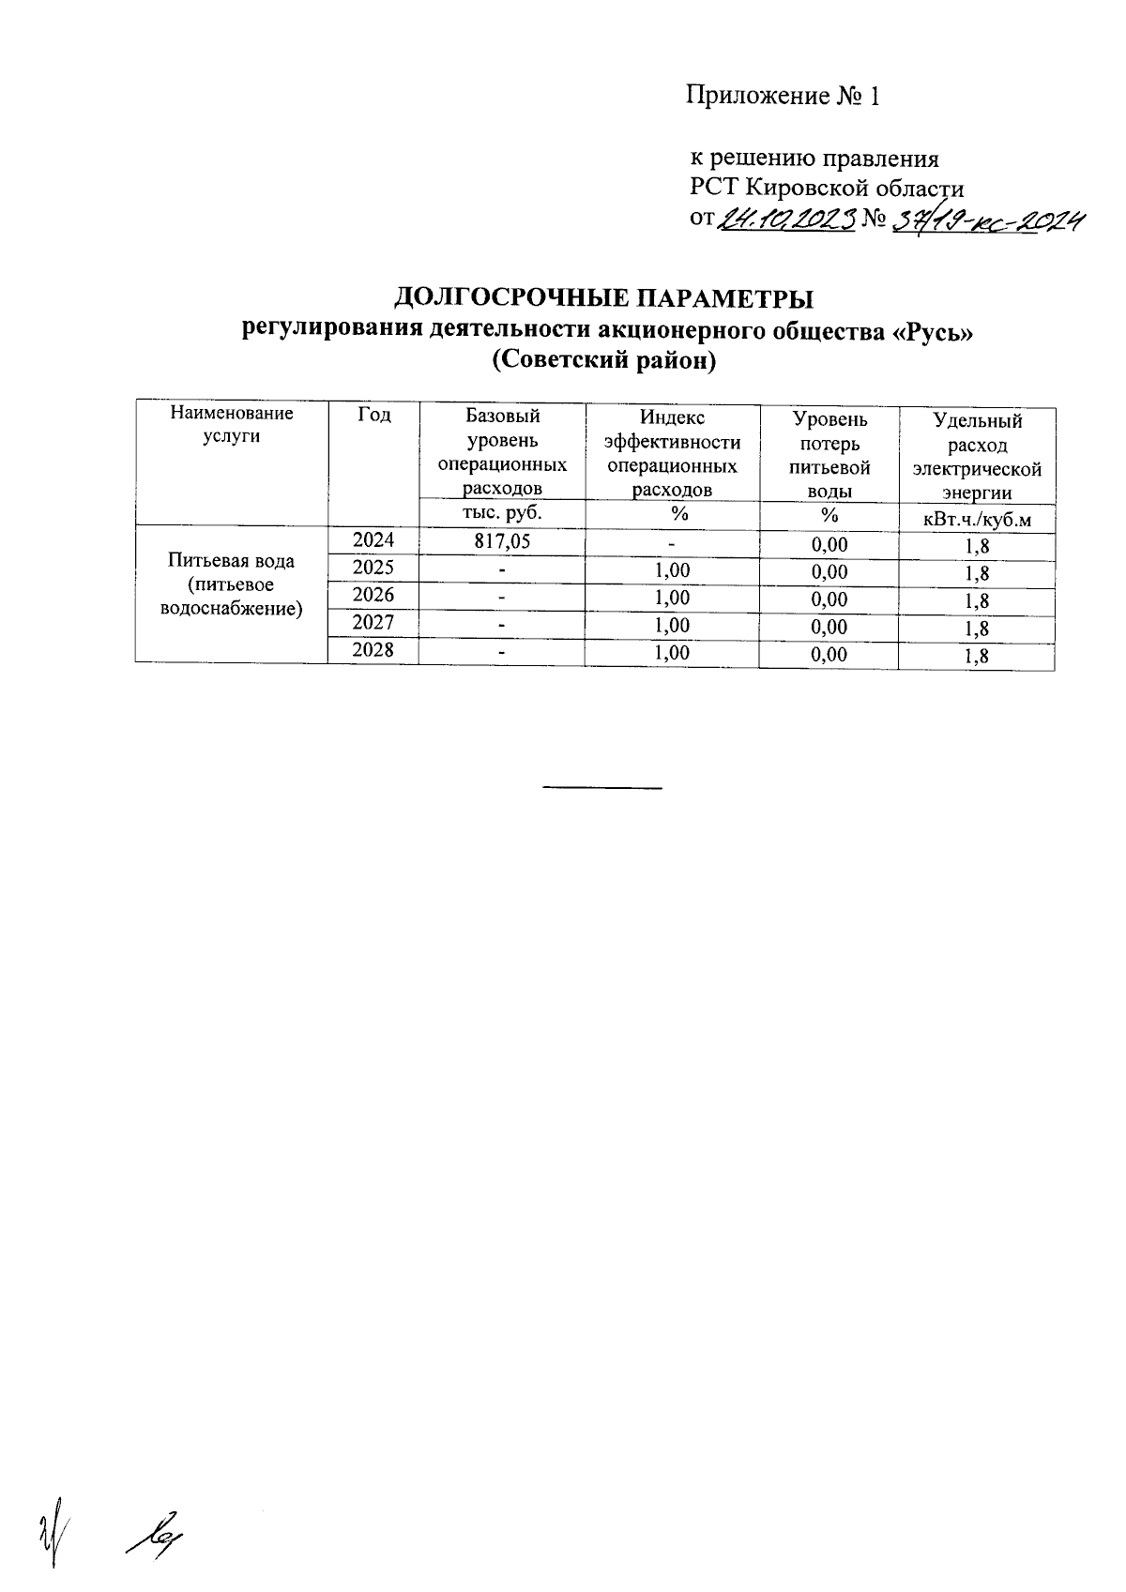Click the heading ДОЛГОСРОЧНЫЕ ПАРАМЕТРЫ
[x=603, y=298]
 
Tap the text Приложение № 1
[x=784, y=96]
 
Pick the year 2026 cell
[x=373, y=595]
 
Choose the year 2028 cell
[x=373, y=649]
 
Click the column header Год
[x=373, y=415]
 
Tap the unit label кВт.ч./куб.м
[x=976, y=520]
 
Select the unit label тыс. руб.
[x=502, y=512]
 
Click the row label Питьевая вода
[x=231, y=561]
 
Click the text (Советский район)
[x=603, y=360]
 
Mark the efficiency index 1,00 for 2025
[x=672, y=570]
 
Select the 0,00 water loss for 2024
[x=829, y=544]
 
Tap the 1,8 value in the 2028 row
[x=976, y=657]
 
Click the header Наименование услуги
[x=231, y=424]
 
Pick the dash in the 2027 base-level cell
[x=502, y=624]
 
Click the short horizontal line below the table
[x=603, y=786]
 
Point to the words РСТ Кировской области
[x=827, y=188]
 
